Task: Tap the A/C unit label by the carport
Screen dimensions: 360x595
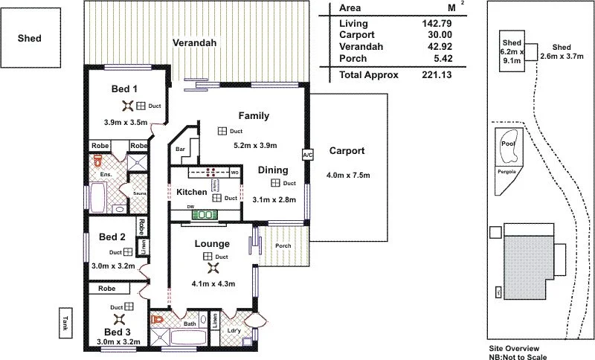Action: tap(306, 155)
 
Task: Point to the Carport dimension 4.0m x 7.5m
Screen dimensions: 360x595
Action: tap(348, 176)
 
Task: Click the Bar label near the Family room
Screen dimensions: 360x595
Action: tap(180, 150)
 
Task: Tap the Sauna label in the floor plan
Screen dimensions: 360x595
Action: tap(139, 193)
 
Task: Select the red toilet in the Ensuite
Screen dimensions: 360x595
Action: tap(97, 161)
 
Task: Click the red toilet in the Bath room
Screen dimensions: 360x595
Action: tap(157, 319)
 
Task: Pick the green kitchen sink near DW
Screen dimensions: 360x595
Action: tap(203, 214)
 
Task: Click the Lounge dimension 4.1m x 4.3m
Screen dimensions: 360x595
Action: tap(213, 283)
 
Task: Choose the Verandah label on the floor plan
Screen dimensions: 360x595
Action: tap(195, 43)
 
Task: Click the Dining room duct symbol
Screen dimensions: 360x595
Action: tap(275, 183)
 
